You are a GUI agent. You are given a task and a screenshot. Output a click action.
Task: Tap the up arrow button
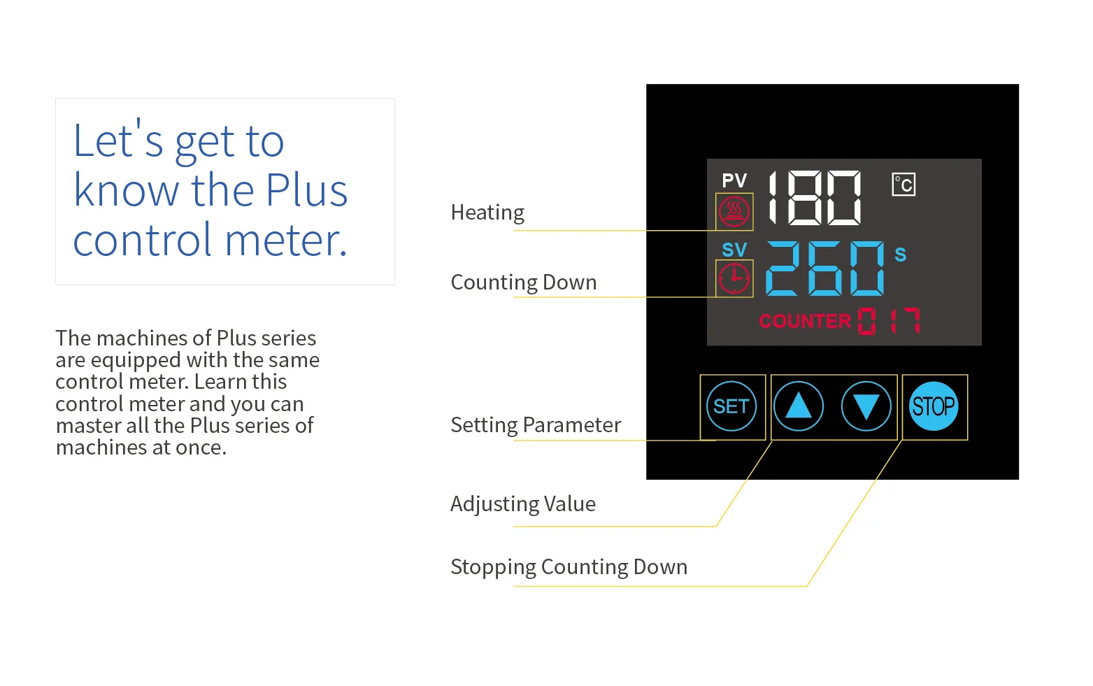click(x=798, y=406)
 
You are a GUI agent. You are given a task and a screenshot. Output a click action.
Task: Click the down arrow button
click(x=866, y=406)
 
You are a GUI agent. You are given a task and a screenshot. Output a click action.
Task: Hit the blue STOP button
click(x=934, y=406)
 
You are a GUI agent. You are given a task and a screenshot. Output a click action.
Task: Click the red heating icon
click(x=734, y=211)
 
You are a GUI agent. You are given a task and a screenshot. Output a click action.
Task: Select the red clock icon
click(x=734, y=278)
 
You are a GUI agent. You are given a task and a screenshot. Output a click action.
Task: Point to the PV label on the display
click(x=734, y=181)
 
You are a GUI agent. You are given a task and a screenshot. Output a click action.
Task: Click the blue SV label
click(x=734, y=250)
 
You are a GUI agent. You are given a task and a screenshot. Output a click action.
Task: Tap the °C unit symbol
click(x=903, y=185)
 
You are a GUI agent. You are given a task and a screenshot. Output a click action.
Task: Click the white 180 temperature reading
click(x=815, y=198)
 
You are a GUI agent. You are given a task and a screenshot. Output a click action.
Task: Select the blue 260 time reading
click(x=825, y=268)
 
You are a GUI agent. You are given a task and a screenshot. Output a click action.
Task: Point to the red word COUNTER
click(x=805, y=321)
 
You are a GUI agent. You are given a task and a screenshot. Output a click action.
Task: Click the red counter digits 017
click(x=889, y=321)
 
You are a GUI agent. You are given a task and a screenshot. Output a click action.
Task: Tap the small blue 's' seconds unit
click(x=901, y=255)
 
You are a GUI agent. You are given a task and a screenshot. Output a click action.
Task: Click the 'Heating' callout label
click(x=487, y=213)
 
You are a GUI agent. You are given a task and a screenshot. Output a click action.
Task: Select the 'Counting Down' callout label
click(x=524, y=283)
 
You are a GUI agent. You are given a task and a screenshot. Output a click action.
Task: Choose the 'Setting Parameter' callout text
click(x=536, y=425)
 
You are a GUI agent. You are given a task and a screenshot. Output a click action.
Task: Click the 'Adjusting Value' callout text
click(x=523, y=504)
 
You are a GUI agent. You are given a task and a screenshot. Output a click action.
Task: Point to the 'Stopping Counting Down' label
click(x=569, y=567)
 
